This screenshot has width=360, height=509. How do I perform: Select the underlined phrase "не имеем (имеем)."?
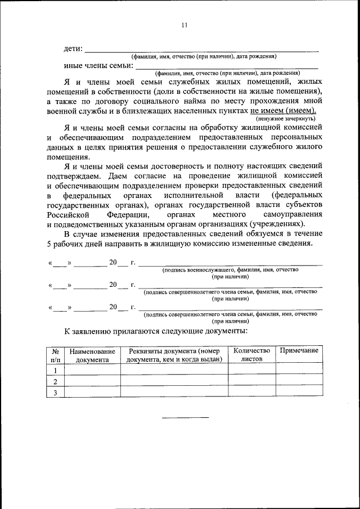click(x=283, y=111)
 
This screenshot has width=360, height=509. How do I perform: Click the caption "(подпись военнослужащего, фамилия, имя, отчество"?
click(x=231, y=270)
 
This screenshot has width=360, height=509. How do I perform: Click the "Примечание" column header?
click(x=299, y=350)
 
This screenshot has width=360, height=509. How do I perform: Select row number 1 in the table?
click(x=55, y=370)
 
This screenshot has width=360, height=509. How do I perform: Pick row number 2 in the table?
click(x=55, y=381)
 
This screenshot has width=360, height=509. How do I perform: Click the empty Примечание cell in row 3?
click(x=299, y=393)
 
